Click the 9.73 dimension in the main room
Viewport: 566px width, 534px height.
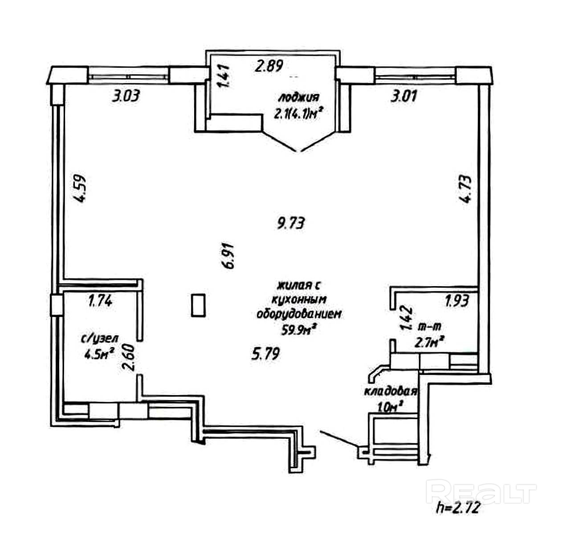290,223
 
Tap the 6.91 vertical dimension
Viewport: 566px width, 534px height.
228,256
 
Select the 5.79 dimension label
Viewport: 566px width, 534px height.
265,354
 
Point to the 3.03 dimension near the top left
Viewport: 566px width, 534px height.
126,96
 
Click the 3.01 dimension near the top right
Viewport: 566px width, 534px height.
403,96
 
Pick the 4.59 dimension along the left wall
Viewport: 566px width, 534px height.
80,188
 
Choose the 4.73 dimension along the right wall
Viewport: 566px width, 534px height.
465,189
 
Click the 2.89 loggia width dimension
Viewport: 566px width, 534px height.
269,66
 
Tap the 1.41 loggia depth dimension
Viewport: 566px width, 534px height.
224,76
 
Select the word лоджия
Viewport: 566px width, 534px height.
298,98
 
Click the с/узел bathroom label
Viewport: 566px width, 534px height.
100,339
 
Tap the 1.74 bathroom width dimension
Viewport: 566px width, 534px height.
101,301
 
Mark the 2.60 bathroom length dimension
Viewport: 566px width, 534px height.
128,357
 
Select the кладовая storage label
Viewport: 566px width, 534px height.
391,392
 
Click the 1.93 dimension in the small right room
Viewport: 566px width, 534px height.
457,301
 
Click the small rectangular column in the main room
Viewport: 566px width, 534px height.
198,305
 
